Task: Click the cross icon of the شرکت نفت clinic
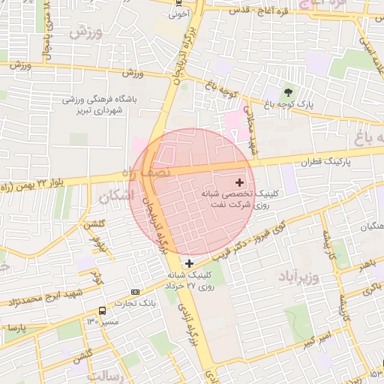[x=240, y=182]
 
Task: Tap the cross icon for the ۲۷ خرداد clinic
[x=189, y=263]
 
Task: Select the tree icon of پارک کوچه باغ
[x=289, y=93]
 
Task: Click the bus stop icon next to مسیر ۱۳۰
[x=101, y=310]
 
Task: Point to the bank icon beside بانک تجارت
[x=135, y=292]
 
